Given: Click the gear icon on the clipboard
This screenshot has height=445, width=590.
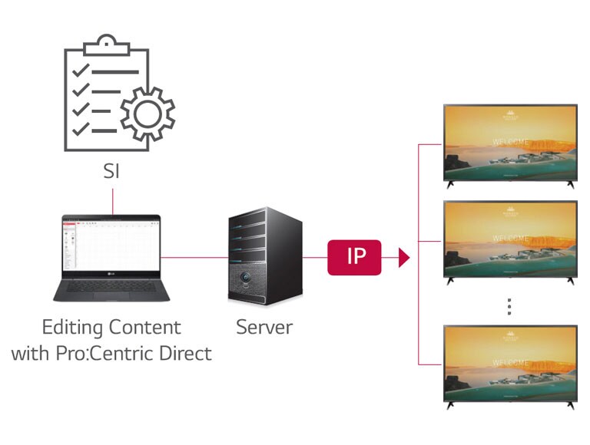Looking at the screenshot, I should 147,114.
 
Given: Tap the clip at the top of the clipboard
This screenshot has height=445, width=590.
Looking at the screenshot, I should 107,44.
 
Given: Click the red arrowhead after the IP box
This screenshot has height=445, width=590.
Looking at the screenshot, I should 404,257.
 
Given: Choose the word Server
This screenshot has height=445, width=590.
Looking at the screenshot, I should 264,328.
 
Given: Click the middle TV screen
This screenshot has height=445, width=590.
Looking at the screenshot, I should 510,239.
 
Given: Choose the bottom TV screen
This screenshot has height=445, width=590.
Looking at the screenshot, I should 510,362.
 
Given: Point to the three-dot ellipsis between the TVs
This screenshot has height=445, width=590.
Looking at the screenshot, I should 509,307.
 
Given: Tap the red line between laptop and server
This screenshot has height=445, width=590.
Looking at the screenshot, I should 194,257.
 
